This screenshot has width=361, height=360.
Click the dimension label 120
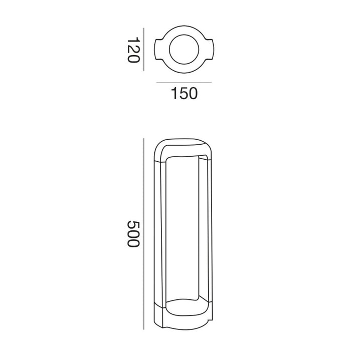tap(133, 50)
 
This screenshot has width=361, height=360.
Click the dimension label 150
tap(184, 93)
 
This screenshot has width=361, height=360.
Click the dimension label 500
tap(133, 234)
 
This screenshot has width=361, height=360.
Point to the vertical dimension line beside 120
tap(144, 50)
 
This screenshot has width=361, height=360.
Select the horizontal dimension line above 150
tap(184, 83)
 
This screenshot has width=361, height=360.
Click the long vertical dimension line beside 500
tap(144, 234)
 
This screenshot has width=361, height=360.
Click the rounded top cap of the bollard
tap(183, 143)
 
